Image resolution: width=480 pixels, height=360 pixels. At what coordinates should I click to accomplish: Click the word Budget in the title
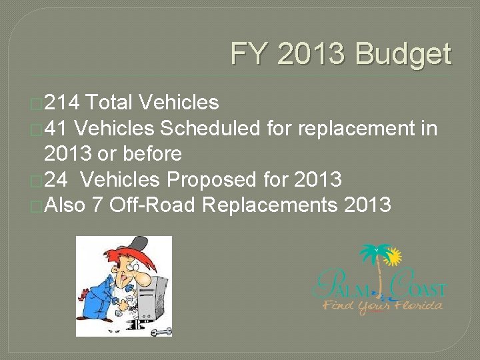pos(403,55)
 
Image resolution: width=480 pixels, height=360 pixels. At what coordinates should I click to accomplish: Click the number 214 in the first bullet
pos(63,102)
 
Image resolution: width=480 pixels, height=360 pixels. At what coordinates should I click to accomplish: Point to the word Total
pos(110,102)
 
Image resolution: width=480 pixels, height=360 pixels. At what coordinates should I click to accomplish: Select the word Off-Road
pos(151,205)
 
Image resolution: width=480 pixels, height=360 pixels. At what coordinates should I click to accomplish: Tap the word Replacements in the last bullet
pos(270,205)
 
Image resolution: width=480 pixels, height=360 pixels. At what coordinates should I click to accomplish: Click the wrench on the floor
pos(161,331)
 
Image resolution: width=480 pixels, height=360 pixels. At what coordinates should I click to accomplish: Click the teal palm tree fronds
pos(373,253)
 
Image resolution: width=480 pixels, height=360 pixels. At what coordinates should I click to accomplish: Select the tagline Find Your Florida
pos(383,306)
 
